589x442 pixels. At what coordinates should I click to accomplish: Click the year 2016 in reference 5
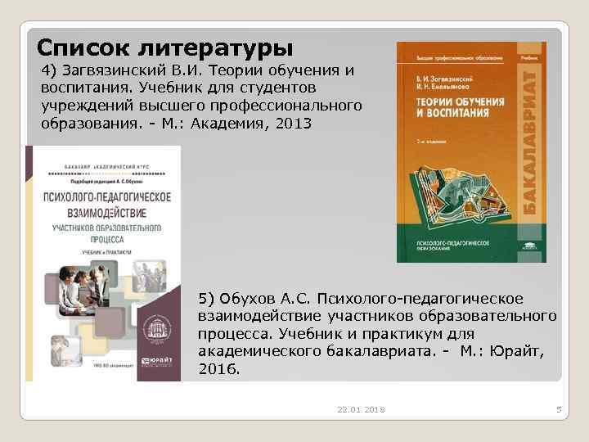click(219, 369)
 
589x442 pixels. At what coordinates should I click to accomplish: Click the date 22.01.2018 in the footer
click(361, 408)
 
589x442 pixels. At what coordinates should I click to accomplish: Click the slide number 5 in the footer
click(557, 408)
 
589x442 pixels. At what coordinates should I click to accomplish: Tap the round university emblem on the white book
click(151, 331)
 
